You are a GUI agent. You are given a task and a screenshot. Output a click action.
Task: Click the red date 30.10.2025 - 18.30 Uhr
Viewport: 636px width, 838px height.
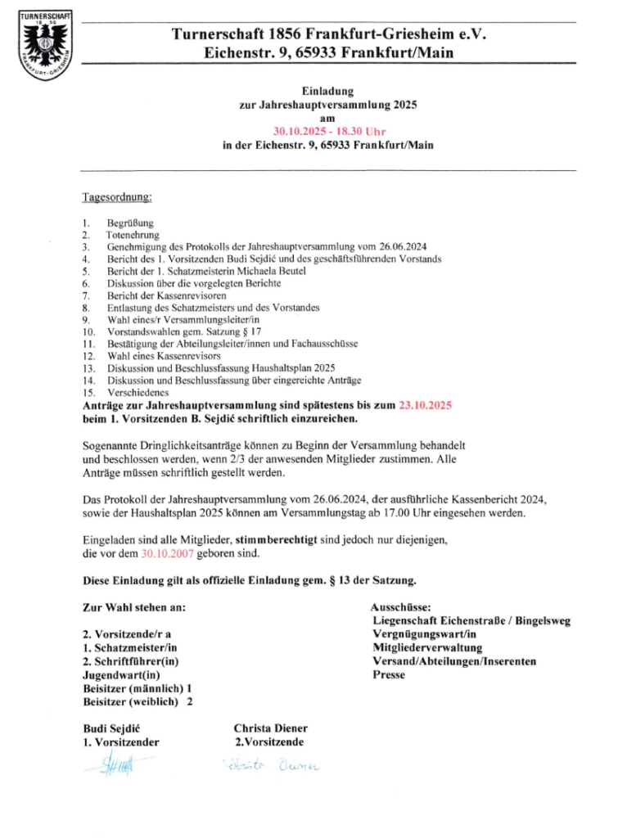pos(329,131)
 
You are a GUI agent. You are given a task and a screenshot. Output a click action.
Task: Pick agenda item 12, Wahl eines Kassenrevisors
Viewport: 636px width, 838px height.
pos(164,356)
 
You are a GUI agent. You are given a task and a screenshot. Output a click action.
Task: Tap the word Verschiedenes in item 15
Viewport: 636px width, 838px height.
pos(138,393)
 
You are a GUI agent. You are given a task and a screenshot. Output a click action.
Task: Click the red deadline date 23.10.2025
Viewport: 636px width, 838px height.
pos(426,405)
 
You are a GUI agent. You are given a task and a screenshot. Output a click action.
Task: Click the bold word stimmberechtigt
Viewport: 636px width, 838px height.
pos(275,541)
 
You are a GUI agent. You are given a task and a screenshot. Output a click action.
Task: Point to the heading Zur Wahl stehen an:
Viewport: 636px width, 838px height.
pos(134,608)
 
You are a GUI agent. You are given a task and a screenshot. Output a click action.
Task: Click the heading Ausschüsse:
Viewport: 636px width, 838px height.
pos(407,608)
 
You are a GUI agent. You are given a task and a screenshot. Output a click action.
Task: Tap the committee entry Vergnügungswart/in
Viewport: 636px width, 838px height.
pos(425,633)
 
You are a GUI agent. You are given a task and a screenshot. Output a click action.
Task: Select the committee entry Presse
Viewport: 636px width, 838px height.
pos(389,675)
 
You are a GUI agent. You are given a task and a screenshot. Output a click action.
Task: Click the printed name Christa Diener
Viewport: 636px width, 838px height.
pos(271,728)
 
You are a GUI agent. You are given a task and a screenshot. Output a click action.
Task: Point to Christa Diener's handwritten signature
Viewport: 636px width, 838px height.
pos(269,767)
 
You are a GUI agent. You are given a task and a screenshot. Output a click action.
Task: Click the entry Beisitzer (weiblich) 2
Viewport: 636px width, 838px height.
pos(138,701)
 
